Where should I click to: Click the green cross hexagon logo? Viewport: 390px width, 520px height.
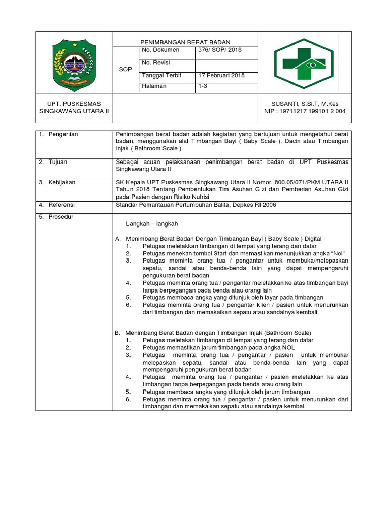[x=303, y=63]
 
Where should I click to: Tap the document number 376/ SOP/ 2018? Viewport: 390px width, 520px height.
[x=220, y=50]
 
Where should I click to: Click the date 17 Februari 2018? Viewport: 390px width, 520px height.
[x=221, y=75]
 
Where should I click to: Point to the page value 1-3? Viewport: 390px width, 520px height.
[x=203, y=87]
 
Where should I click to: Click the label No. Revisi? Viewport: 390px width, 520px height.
[x=156, y=62]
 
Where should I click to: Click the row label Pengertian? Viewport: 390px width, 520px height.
[x=63, y=134]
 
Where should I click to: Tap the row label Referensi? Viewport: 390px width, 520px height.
[x=61, y=205]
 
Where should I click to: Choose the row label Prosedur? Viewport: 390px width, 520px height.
[x=60, y=217]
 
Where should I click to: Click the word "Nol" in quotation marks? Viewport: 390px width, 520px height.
[x=335, y=253]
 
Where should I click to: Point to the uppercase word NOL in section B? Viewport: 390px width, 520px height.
[x=288, y=347]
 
